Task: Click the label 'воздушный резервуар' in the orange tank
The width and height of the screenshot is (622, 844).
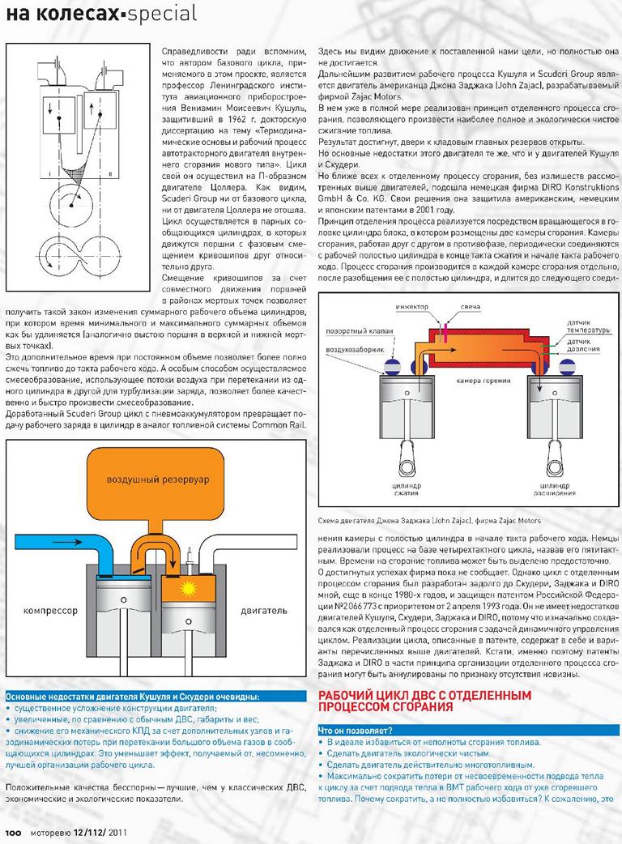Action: (x=158, y=480)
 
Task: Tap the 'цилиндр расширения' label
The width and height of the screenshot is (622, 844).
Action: (x=554, y=487)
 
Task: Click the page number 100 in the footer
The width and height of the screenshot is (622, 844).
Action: (x=14, y=830)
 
